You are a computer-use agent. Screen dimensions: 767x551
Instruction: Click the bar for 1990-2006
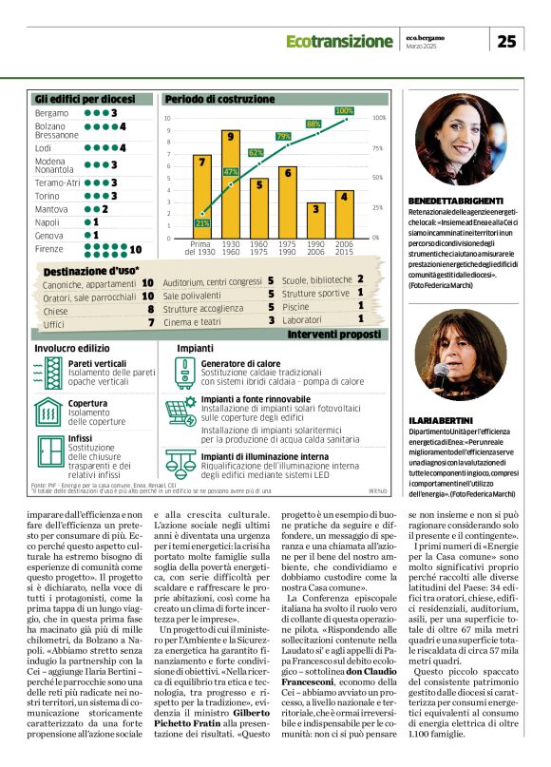[315, 220]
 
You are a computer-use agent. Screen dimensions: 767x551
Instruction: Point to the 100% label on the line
[345, 111]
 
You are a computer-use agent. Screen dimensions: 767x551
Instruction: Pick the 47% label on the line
[230, 171]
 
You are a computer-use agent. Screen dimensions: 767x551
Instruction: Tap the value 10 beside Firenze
[135, 249]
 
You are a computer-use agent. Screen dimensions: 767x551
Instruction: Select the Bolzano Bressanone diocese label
[56, 130]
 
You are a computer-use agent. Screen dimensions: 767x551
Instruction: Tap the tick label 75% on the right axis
[377, 148]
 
